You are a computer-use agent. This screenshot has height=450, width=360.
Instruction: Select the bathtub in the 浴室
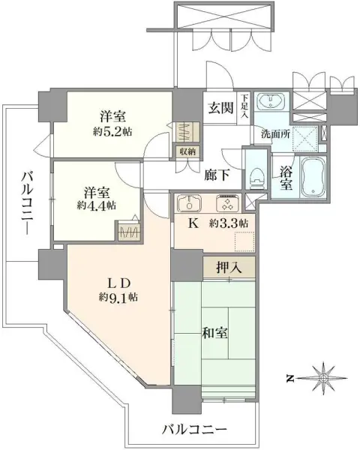pyautogui.click(x=310, y=177)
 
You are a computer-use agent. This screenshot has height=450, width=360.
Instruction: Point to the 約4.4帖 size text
pyautogui.click(x=97, y=203)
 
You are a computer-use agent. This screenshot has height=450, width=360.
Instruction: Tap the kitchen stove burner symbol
pyautogui.click(x=226, y=202)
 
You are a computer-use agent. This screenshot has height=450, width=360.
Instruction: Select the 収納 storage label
pyautogui.click(x=187, y=151)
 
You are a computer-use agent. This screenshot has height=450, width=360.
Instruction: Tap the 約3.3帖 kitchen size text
pyautogui.click(x=231, y=222)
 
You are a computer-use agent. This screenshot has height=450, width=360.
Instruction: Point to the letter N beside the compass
pyautogui.click(x=289, y=378)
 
